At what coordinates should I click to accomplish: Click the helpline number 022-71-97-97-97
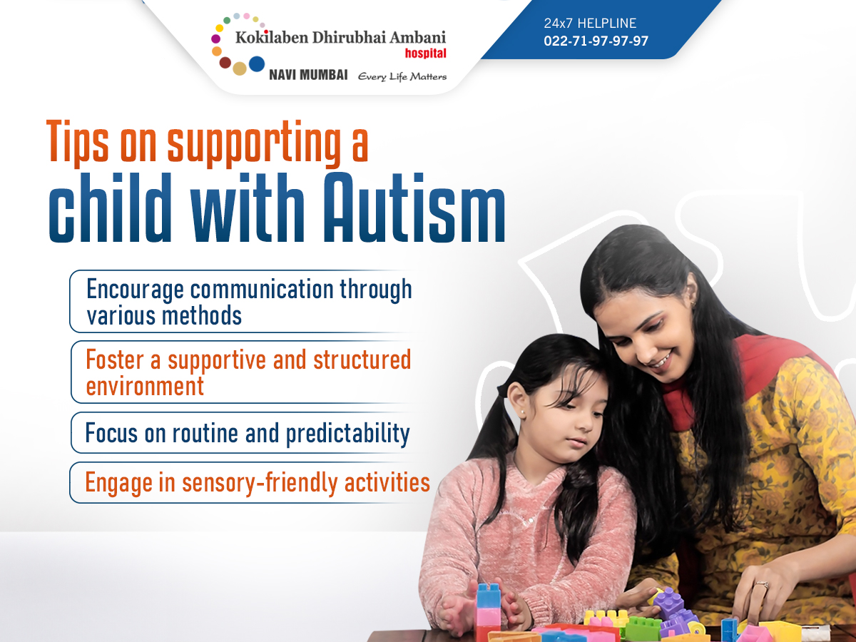point(596,41)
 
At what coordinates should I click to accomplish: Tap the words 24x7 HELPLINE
point(590,24)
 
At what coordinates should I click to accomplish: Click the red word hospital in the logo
point(425,53)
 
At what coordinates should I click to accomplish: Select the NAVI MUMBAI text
point(308,75)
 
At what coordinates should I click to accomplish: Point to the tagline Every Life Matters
point(402,76)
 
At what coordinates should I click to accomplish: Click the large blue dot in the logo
point(257,64)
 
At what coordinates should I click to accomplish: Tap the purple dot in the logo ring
point(215,39)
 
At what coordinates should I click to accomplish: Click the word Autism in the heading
point(414,208)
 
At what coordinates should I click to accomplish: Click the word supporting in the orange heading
point(254,144)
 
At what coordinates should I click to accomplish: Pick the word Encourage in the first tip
point(135,290)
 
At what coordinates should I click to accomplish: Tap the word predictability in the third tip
point(348,434)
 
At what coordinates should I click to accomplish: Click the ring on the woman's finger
point(762,585)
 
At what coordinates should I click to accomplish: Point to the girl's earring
point(522,412)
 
